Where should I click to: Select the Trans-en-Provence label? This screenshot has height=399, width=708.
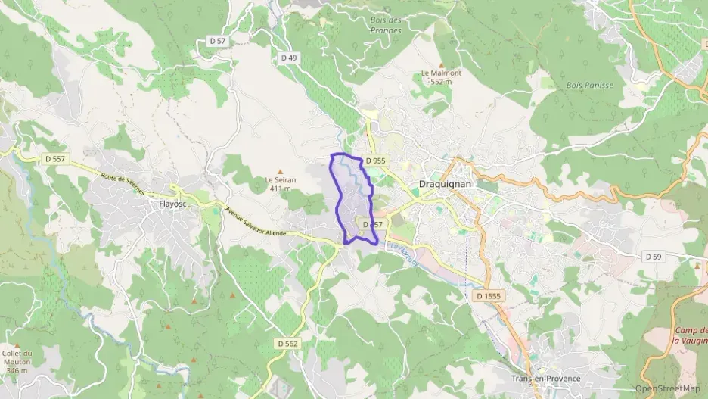click(x=545, y=379)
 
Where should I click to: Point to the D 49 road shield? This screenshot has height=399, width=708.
click(x=289, y=58)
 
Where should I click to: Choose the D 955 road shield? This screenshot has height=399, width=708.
click(x=375, y=161)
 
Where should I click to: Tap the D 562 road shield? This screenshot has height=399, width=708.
click(x=288, y=343)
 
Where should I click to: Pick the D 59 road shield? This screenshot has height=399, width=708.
click(x=654, y=257)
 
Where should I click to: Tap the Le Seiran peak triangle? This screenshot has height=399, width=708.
click(x=281, y=171)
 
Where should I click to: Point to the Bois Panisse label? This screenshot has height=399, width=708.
click(x=589, y=86)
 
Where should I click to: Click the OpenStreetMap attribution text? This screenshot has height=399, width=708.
click(x=667, y=388)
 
